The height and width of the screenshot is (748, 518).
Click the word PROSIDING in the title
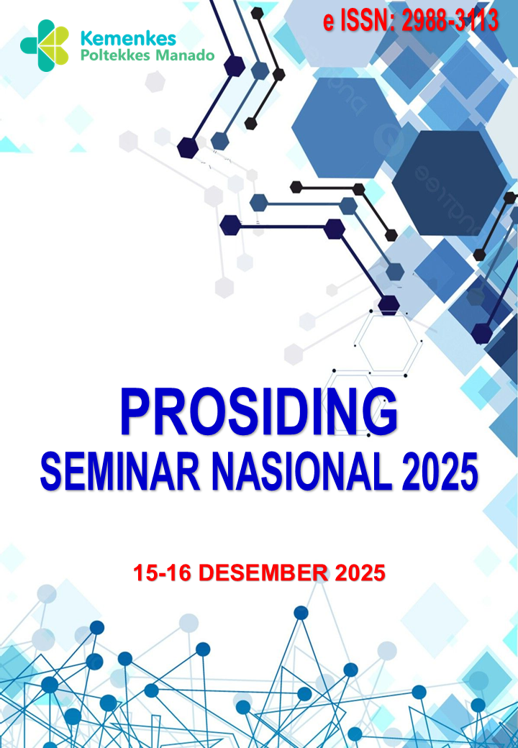click(x=259, y=411)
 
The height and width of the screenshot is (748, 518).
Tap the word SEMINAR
click(x=120, y=473)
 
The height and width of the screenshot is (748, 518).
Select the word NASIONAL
click(x=301, y=473)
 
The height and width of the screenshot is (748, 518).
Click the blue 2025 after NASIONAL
click(x=440, y=473)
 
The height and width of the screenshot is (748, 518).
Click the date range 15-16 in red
click(x=163, y=573)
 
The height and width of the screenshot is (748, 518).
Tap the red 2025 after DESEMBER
click(x=360, y=573)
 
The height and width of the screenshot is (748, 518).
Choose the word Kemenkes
click(x=129, y=39)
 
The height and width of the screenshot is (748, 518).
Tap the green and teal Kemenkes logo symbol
click(x=45, y=46)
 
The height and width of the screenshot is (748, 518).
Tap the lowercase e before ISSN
click(x=329, y=23)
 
